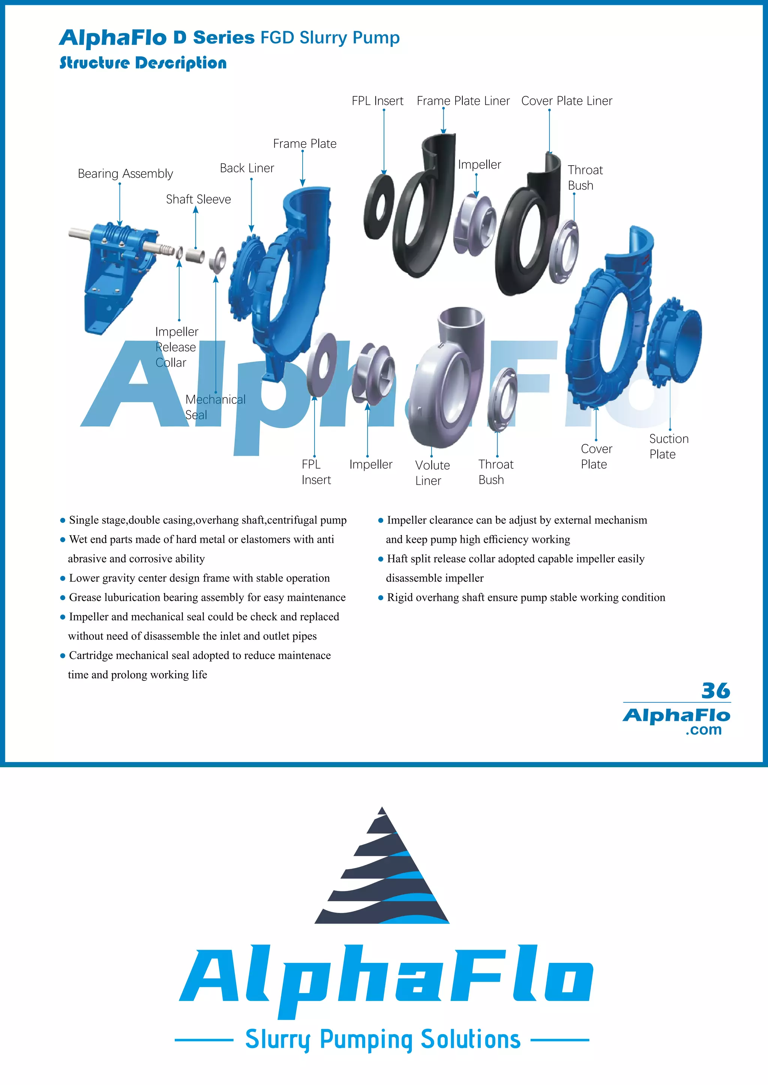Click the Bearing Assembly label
pyautogui.click(x=125, y=174)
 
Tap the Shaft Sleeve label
pyautogui.click(x=198, y=199)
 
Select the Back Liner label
pyautogui.click(x=247, y=168)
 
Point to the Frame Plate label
pyautogui.click(x=304, y=143)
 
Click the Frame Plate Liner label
pyautogui.click(x=463, y=101)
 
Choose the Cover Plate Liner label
pyautogui.click(x=566, y=101)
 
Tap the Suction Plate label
pyautogui.click(x=668, y=447)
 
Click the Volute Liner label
pyautogui.click(x=432, y=472)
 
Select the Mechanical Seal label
pyautogui.click(x=215, y=407)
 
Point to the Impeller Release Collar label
pyautogui.click(x=176, y=347)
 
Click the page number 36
pyautogui.click(x=715, y=691)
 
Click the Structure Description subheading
pyautogui.click(x=143, y=63)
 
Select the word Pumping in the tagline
pyautogui.click(x=366, y=1039)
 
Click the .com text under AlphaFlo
pyautogui.click(x=703, y=729)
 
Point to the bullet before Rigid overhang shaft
pyautogui.click(x=381, y=598)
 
